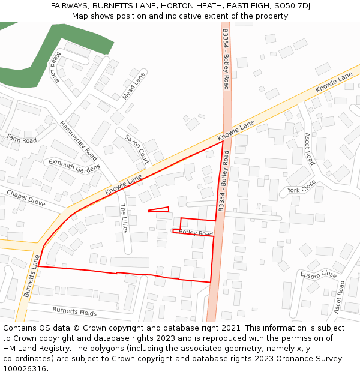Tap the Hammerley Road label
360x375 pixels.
[x=79, y=140]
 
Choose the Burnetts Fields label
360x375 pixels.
[x=74, y=311]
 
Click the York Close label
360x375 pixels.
[x=301, y=190]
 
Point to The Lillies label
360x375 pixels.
[x=124, y=218]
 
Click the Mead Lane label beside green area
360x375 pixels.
[x=56, y=67]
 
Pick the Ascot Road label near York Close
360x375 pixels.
[x=309, y=149]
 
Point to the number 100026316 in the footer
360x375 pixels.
[x=24, y=369]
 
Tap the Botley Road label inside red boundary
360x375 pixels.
[x=196, y=233]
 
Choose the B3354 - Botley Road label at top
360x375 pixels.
[x=226, y=59]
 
